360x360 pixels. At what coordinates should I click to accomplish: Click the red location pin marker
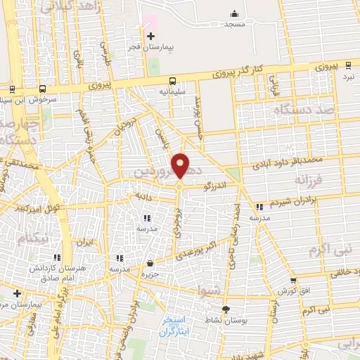pos(181,165)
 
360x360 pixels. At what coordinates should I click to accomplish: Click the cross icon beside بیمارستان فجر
pos(150,35)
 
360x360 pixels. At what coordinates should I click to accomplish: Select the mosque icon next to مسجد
pos(233,13)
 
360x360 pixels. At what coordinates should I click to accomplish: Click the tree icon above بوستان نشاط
pos(226,309)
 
